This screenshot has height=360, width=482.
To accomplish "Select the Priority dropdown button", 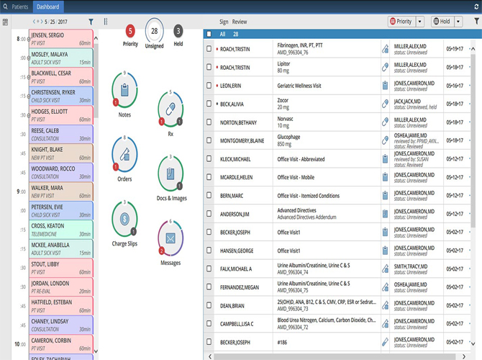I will click(x=401, y=22).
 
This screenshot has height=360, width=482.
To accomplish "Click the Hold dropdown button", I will click(x=441, y=22).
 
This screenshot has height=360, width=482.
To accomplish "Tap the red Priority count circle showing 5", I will click(x=130, y=31).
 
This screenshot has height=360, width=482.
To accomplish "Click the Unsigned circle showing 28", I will click(x=154, y=31).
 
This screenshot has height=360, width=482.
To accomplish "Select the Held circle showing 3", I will click(x=178, y=31).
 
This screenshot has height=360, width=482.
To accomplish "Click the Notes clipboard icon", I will click(x=124, y=90).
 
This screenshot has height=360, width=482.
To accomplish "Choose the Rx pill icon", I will click(x=170, y=109).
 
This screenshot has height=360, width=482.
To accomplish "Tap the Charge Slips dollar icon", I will click(x=124, y=218).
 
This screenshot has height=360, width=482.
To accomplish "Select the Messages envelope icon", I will click(x=170, y=238).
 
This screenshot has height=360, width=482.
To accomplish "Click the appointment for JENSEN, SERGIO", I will click(x=60, y=38).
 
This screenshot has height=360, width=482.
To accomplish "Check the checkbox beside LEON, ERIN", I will click(x=209, y=86).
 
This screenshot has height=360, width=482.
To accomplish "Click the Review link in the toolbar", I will click(x=240, y=22).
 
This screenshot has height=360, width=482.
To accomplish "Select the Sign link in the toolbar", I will click(x=224, y=22).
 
